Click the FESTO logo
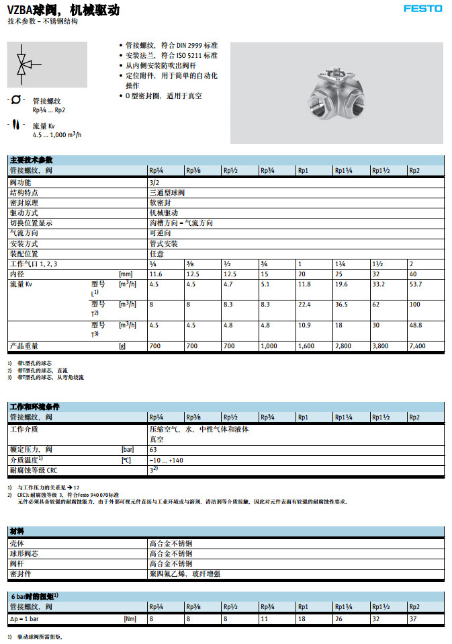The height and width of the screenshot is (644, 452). [x=422, y=9]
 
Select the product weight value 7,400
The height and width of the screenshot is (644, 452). [x=417, y=346]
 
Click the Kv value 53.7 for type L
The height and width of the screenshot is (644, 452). [x=416, y=284]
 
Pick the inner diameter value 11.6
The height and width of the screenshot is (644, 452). [x=156, y=274]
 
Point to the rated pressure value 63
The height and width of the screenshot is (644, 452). [x=153, y=449]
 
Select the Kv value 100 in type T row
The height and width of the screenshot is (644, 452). [x=414, y=305]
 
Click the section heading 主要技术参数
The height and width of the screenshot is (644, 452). [x=32, y=160]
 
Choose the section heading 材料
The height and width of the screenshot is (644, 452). [x=17, y=531]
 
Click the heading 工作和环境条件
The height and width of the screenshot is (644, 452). [x=35, y=407]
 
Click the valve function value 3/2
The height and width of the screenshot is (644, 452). [x=154, y=182]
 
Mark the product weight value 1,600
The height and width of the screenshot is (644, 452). [x=306, y=346]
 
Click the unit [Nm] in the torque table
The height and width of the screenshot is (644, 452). [x=130, y=618]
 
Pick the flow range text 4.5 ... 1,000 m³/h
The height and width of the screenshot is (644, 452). [x=56, y=134]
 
